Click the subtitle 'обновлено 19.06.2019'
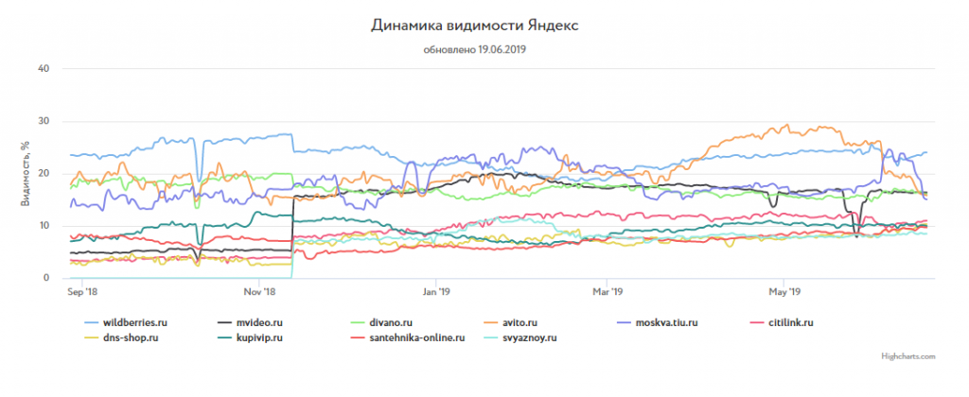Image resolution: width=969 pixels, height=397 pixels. tap(473, 49)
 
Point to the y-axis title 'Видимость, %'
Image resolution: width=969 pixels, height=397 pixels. tap(28, 173)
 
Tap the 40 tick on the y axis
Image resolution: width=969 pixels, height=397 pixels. tap(44, 68)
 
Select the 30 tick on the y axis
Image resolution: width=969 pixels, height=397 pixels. tap(44, 121)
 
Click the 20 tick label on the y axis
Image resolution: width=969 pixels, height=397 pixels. tap(44, 173)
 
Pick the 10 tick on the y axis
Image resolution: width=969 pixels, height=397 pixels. tap(44, 225)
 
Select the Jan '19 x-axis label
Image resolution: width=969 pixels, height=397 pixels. tap(435, 292)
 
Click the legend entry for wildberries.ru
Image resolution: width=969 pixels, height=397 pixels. tap(136, 323)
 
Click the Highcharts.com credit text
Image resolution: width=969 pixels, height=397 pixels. tap(907, 356)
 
